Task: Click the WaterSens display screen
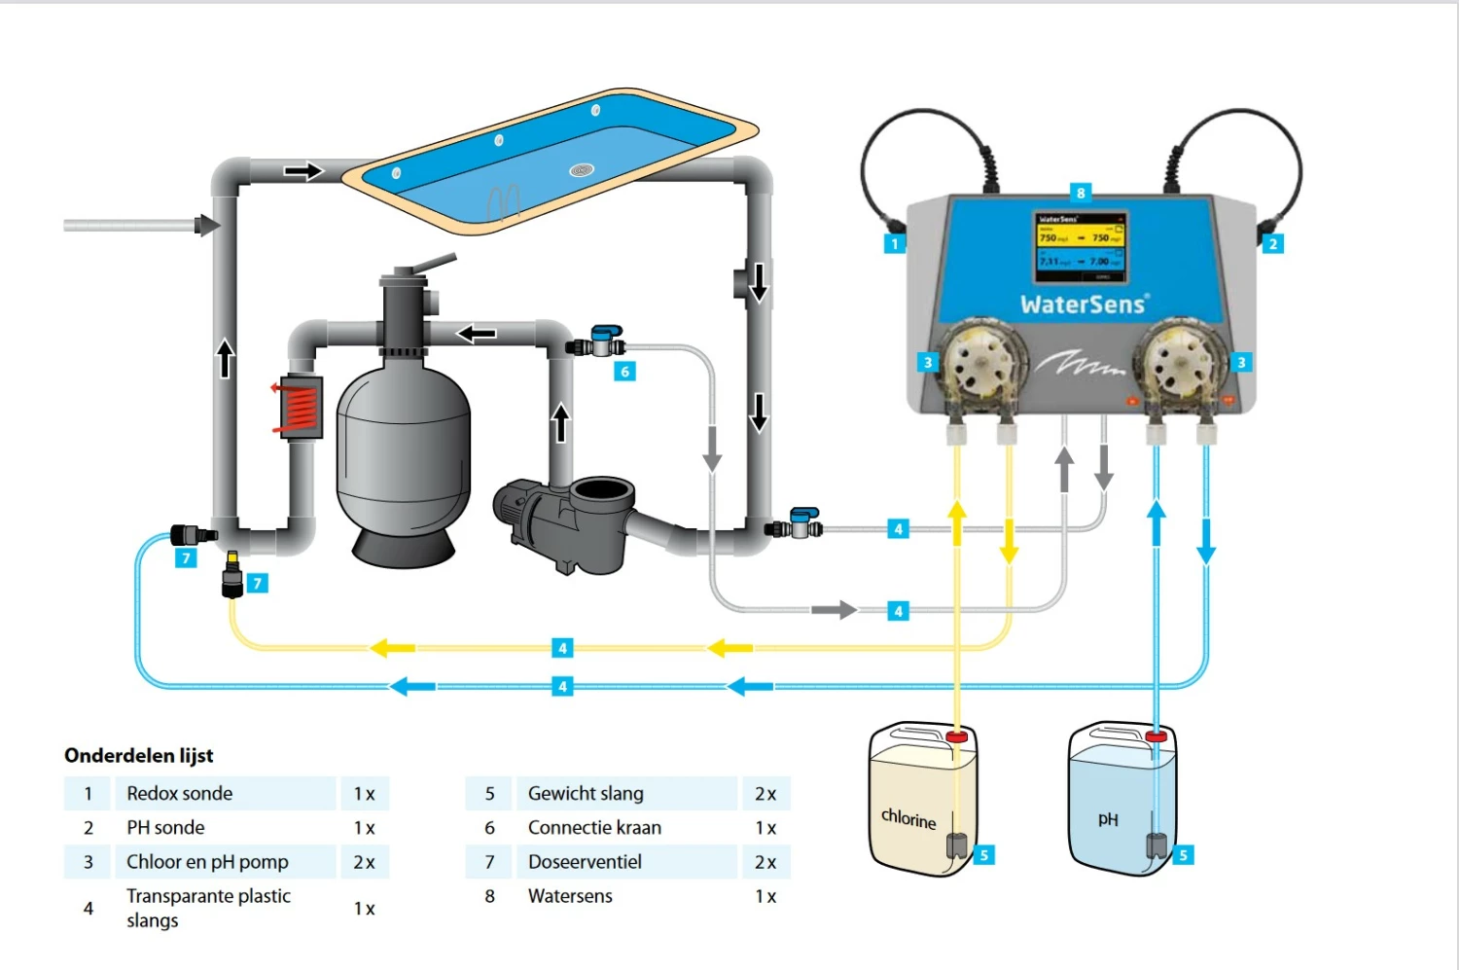(1081, 245)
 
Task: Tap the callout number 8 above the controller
(1080, 193)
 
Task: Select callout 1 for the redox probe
(895, 243)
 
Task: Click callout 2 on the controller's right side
(1272, 243)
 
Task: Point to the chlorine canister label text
(908, 818)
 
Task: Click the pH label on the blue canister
(1108, 819)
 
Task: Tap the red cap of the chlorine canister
(957, 736)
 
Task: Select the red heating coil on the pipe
(298, 406)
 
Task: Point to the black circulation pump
(564, 516)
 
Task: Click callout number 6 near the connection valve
(624, 371)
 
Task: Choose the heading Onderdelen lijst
(138, 755)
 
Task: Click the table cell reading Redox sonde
(180, 793)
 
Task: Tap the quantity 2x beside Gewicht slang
(765, 794)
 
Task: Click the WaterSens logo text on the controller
(1084, 305)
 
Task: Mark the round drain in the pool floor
(581, 170)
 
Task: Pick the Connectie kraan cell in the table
(594, 828)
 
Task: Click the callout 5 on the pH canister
(1183, 855)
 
